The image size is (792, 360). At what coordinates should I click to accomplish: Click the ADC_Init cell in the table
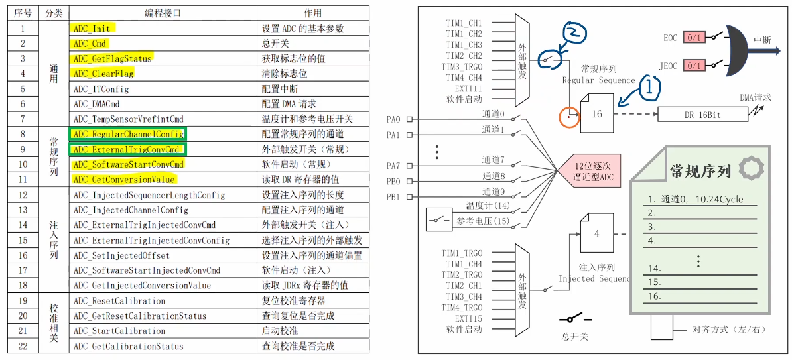[92, 29]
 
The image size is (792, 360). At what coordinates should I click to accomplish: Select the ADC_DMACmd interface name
[97, 104]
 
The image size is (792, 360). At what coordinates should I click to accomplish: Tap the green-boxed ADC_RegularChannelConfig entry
[129, 134]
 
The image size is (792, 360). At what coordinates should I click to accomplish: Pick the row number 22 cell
[23, 346]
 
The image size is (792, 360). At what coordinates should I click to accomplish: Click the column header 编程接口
[163, 13]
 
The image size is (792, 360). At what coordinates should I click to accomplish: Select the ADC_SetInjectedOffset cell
[121, 255]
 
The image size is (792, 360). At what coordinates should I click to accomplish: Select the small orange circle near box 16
[569, 117]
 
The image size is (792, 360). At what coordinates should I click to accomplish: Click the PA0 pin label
[393, 119]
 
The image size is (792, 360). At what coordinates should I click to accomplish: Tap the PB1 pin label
[393, 196]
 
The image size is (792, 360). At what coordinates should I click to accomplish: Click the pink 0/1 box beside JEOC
[694, 66]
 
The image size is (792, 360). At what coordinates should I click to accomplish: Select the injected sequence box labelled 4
[596, 234]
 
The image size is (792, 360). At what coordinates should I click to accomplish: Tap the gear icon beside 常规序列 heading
[751, 169]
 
